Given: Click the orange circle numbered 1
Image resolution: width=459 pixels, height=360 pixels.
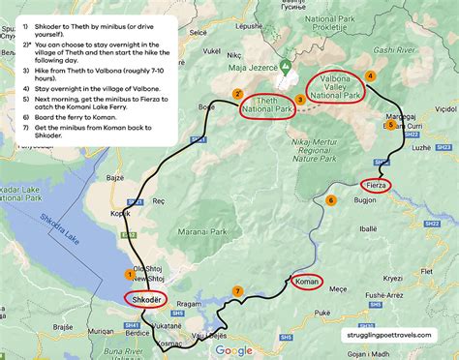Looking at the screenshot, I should pyautogui.click(x=130, y=275).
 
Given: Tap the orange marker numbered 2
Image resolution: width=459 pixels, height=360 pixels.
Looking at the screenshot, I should pyautogui.click(x=237, y=94).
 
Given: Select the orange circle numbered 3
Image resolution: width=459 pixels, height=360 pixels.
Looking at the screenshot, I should pyautogui.click(x=300, y=99).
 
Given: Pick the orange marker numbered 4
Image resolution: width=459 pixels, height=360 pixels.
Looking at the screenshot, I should pyautogui.click(x=371, y=75).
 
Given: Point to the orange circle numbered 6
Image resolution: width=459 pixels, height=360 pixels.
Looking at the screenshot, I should pyautogui.click(x=331, y=201).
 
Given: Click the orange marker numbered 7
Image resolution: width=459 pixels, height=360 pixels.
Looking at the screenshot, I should pyautogui.click(x=237, y=291).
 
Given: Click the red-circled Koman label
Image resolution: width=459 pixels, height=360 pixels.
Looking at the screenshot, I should pyautogui.click(x=306, y=282).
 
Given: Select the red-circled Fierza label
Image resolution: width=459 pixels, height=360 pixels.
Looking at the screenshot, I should pyautogui.click(x=375, y=184).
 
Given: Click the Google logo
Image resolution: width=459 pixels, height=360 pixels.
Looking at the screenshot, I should pyautogui.click(x=233, y=350).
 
